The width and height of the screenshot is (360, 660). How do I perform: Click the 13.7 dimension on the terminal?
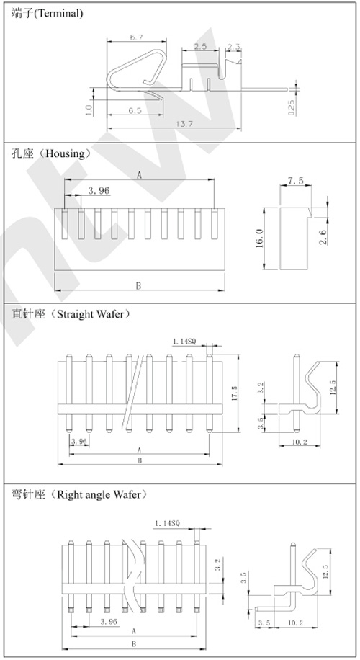click(x=184, y=124)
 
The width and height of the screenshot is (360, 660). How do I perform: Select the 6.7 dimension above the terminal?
click(x=137, y=37)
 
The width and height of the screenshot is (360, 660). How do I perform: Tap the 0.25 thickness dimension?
click(x=292, y=108)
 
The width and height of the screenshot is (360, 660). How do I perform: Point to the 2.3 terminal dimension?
click(x=234, y=47)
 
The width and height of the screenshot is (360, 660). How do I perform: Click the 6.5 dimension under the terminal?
click(x=135, y=111)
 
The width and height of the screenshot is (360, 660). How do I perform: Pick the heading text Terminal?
click(x=59, y=13)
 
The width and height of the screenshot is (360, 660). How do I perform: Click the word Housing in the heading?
click(x=65, y=153)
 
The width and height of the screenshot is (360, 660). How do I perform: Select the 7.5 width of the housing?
click(x=295, y=181)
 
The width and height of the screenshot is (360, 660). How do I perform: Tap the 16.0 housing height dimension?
click(x=259, y=238)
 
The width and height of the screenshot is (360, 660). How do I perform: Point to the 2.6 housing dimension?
click(x=323, y=237)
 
